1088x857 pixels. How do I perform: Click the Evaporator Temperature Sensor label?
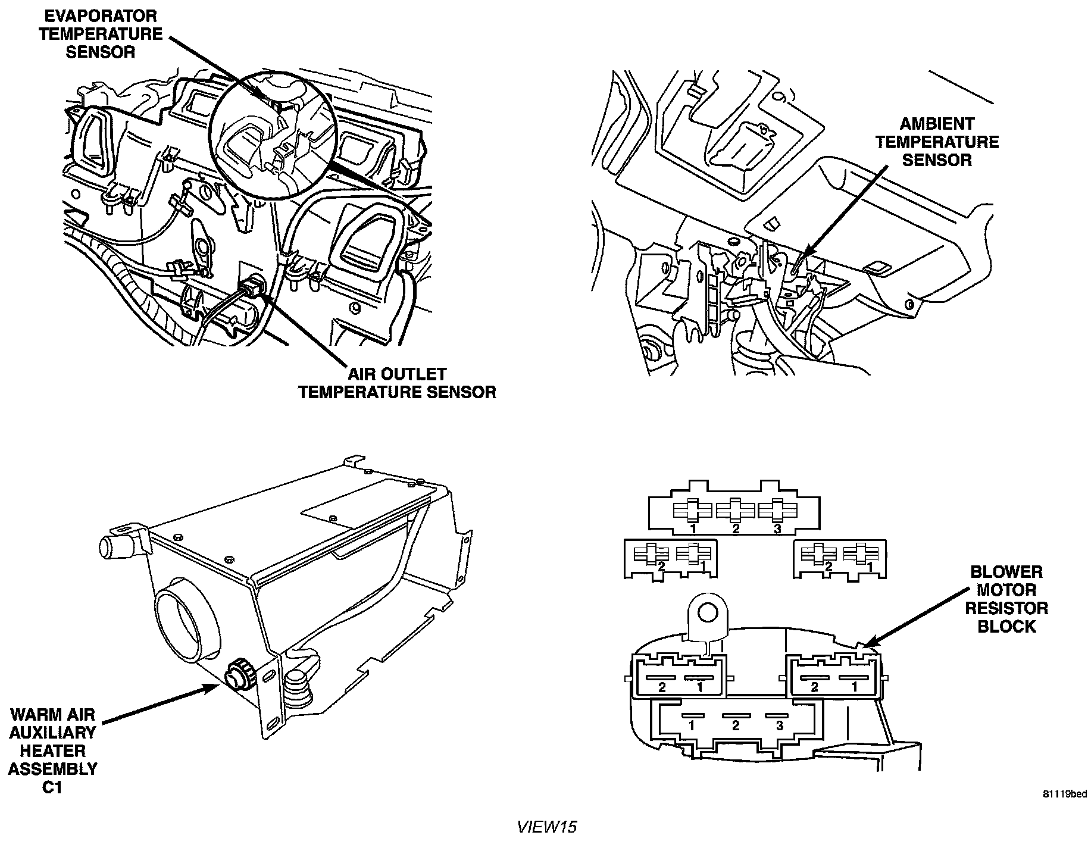(x=101, y=33)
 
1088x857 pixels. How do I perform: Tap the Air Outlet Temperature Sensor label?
(x=397, y=383)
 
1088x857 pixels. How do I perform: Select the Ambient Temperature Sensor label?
(x=937, y=142)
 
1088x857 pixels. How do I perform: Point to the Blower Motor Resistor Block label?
(x=1006, y=599)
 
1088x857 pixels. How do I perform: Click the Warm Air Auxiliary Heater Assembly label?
(x=52, y=742)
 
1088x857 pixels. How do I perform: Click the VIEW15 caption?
(x=547, y=827)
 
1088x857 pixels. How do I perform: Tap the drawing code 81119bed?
(x=1064, y=794)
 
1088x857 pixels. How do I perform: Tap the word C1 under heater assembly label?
(x=52, y=788)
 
